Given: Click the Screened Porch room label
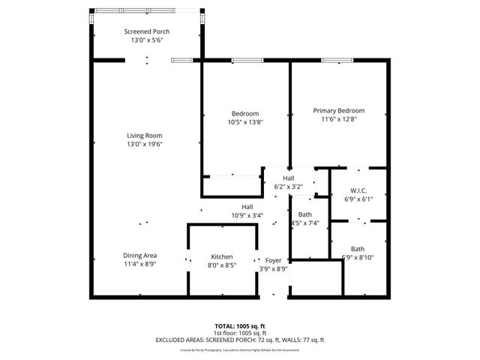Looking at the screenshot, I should click(x=147, y=31).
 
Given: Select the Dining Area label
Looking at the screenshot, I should click(x=139, y=256).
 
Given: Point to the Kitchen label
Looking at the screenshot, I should click(x=221, y=256).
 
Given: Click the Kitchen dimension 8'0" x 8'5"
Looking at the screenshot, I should click(x=221, y=265).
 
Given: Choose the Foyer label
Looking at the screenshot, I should click(x=273, y=259).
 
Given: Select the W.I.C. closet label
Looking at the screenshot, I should click(x=357, y=190).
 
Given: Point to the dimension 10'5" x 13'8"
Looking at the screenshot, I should click(x=245, y=122).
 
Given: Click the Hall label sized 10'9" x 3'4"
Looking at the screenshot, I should click(x=247, y=207).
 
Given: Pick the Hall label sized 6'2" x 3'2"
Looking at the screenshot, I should click(x=288, y=178).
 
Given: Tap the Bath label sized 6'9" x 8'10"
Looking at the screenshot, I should click(x=357, y=249).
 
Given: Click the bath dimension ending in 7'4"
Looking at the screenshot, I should click(x=305, y=223).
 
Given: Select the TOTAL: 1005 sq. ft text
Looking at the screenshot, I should click(x=240, y=326).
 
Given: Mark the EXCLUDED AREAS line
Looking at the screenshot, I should click(x=240, y=340).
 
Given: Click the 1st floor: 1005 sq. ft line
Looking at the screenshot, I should click(x=240, y=333).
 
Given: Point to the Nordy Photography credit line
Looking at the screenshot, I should click(x=240, y=349).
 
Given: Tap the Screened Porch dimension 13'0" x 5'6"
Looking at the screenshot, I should click(x=147, y=40).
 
